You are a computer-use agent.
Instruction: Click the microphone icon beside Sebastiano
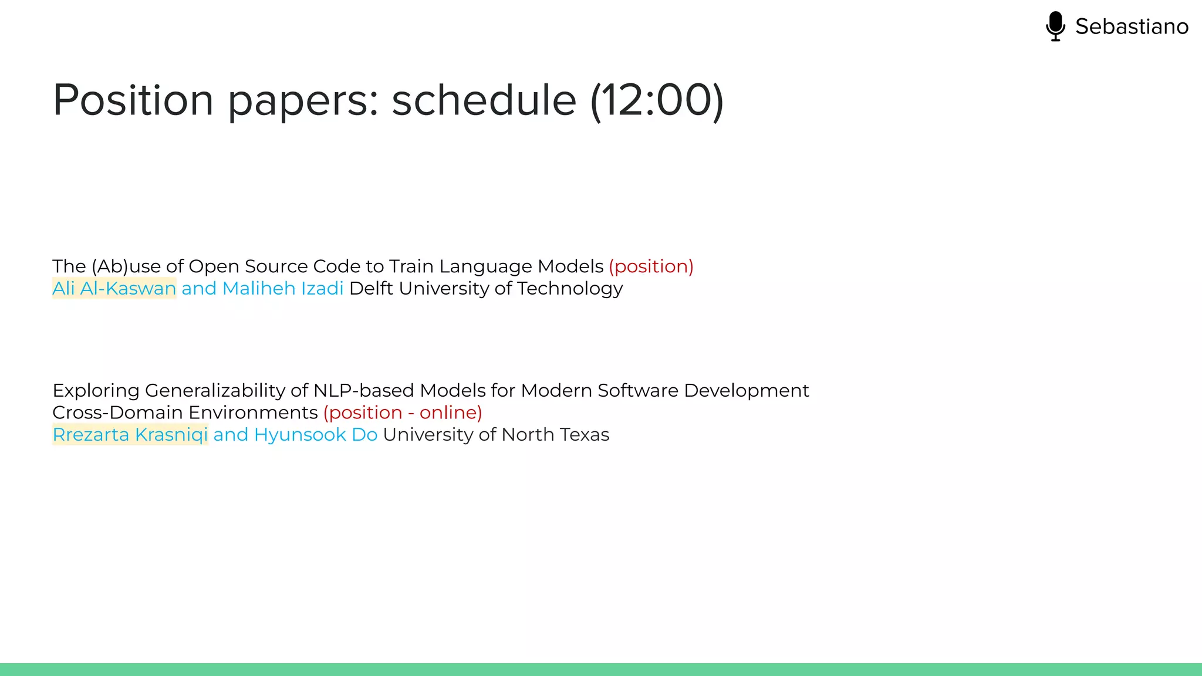click(x=1055, y=26)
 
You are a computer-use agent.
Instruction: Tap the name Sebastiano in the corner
click(x=1132, y=26)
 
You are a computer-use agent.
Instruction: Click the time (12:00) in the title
click(x=657, y=100)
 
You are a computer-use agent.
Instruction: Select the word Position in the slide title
click(x=133, y=100)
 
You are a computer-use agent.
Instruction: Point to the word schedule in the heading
click(x=484, y=100)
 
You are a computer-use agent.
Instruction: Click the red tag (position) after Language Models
click(x=651, y=266)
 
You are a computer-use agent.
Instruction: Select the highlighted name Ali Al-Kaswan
click(x=114, y=289)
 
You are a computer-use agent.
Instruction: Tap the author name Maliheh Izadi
click(x=283, y=289)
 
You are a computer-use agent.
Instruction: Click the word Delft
click(x=371, y=289)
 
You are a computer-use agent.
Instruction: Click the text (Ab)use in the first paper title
click(x=126, y=266)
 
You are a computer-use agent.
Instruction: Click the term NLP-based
click(x=364, y=391)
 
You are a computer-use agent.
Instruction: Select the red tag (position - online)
click(x=403, y=413)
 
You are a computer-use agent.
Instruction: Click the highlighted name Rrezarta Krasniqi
click(x=130, y=435)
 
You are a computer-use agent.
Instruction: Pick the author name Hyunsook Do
click(x=316, y=435)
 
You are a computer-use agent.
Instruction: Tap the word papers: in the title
click(x=303, y=100)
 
